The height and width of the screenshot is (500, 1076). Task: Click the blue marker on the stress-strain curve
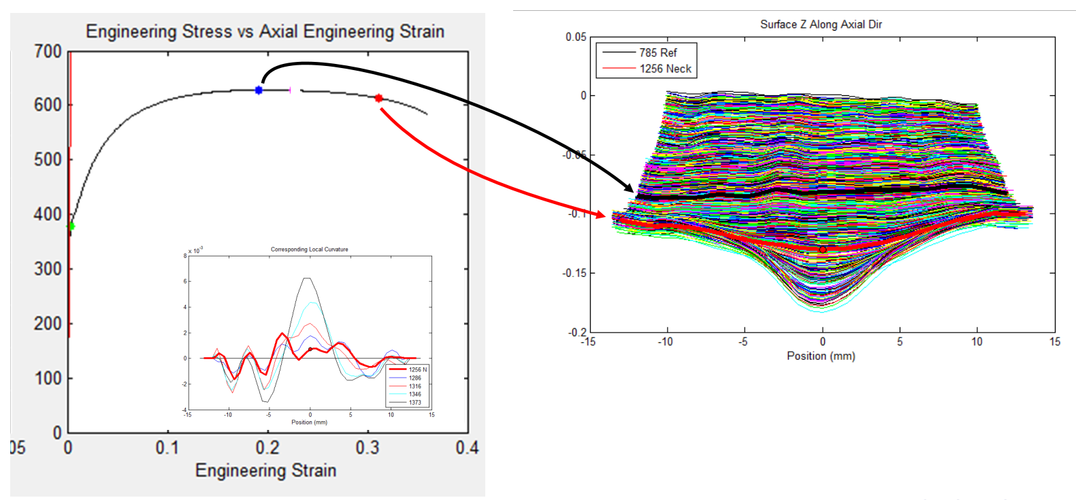pyautogui.click(x=259, y=90)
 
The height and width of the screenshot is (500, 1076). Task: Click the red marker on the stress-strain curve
pyautogui.click(x=379, y=99)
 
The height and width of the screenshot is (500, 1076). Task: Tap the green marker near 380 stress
pyautogui.click(x=71, y=227)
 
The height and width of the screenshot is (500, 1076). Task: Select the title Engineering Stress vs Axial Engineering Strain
pyautogui.click(x=265, y=32)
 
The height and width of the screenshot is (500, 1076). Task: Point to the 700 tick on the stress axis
pyautogui.click(x=48, y=52)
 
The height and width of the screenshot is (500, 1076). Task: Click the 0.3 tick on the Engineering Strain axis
pyautogui.click(x=368, y=448)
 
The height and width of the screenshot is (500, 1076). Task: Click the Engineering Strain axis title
pyautogui.click(x=265, y=471)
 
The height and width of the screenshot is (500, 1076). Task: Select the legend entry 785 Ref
pyautogui.click(x=657, y=52)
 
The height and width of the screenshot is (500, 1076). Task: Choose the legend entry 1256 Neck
pyautogui.click(x=665, y=69)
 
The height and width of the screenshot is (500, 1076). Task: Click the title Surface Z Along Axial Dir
pyautogui.click(x=821, y=24)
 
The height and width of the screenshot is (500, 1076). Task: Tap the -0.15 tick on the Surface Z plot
pyautogui.click(x=574, y=273)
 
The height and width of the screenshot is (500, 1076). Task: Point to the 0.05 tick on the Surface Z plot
pyautogui.click(x=576, y=37)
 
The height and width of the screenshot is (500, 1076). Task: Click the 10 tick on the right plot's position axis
pyautogui.click(x=977, y=341)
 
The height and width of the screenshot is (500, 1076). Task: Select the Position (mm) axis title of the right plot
pyautogui.click(x=821, y=356)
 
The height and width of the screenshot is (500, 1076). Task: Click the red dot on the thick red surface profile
pyautogui.click(x=823, y=250)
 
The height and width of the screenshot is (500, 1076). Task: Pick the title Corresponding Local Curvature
pyautogui.click(x=309, y=250)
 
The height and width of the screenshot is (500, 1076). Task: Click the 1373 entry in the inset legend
pyautogui.click(x=414, y=403)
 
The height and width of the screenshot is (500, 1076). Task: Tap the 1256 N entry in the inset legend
pyautogui.click(x=417, y=370)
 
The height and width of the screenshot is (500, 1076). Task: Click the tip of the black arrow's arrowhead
pyautogui.click(x=634, y=193)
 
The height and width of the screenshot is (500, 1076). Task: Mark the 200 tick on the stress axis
pyautogui.click(x=48, y=324)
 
